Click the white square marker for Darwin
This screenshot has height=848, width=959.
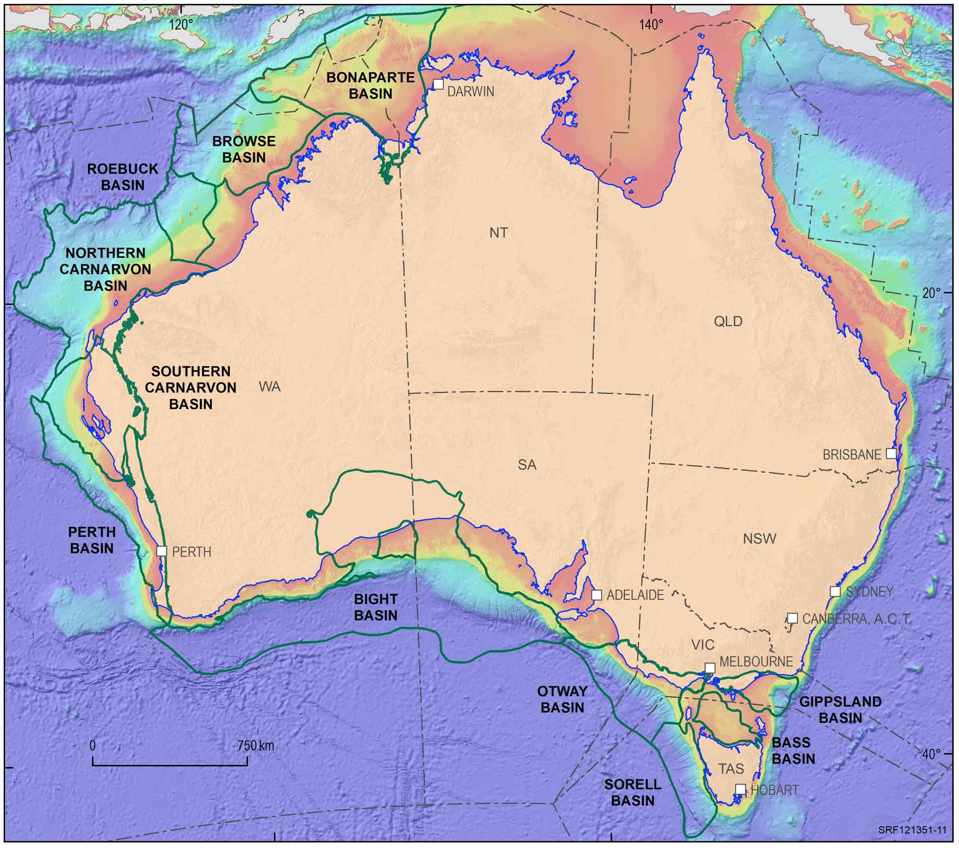[438, 84]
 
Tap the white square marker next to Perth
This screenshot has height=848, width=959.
[162, 551]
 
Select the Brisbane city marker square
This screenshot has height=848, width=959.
[890, 453]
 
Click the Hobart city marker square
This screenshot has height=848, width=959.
[740, 789]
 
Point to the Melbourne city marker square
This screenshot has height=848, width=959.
[710, 668]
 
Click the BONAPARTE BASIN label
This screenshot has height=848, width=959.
[370, 85]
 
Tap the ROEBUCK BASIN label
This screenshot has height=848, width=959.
[123, 177]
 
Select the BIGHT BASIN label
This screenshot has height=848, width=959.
[375, 607]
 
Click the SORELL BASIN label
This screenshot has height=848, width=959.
[633, 792]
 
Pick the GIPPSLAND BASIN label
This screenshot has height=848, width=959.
[840, 710]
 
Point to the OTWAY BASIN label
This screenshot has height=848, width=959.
[562, 699]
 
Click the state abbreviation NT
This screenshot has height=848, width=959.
[499, 233]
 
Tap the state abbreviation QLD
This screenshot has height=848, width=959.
[728, 321]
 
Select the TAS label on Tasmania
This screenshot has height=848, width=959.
[731, 769]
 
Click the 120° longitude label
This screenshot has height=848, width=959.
[181, 24]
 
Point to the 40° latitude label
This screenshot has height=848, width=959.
[932, 754]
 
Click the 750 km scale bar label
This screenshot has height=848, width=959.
[256, 746]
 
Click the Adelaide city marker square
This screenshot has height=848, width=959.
[596, 595]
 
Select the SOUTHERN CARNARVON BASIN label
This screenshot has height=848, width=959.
[191, 388]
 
